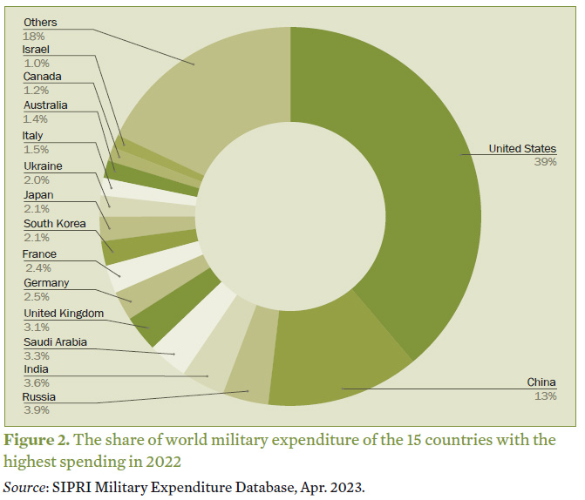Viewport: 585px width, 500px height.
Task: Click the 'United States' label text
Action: click(x=522, y=149)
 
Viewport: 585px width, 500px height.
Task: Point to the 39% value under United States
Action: click(x=545, y=162)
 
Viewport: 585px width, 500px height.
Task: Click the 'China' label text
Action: click(x=541, y=382)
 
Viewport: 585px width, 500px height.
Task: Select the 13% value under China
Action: click(x=545, y=395)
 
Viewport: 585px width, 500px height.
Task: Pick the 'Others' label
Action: click(x=40, y=22)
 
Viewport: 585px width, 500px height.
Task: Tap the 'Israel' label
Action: click(x=37, y=50)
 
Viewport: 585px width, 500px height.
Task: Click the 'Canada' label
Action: click(x=42, y=78)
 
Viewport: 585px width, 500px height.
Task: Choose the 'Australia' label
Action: click(x=45, y=105)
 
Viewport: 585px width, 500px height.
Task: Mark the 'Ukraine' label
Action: click(x=43, y=166)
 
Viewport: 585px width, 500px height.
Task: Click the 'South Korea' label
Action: click(x=54, y=224)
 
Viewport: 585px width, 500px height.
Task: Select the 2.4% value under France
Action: click(x=37, y=267)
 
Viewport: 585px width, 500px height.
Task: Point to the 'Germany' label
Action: click(x=46, y=283)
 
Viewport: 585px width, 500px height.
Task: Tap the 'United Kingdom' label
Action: click(x=64, y=313)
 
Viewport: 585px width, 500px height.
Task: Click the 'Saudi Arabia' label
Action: click(x=55, y=342)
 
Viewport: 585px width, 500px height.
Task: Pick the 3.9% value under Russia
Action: click(x=37, y=409)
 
